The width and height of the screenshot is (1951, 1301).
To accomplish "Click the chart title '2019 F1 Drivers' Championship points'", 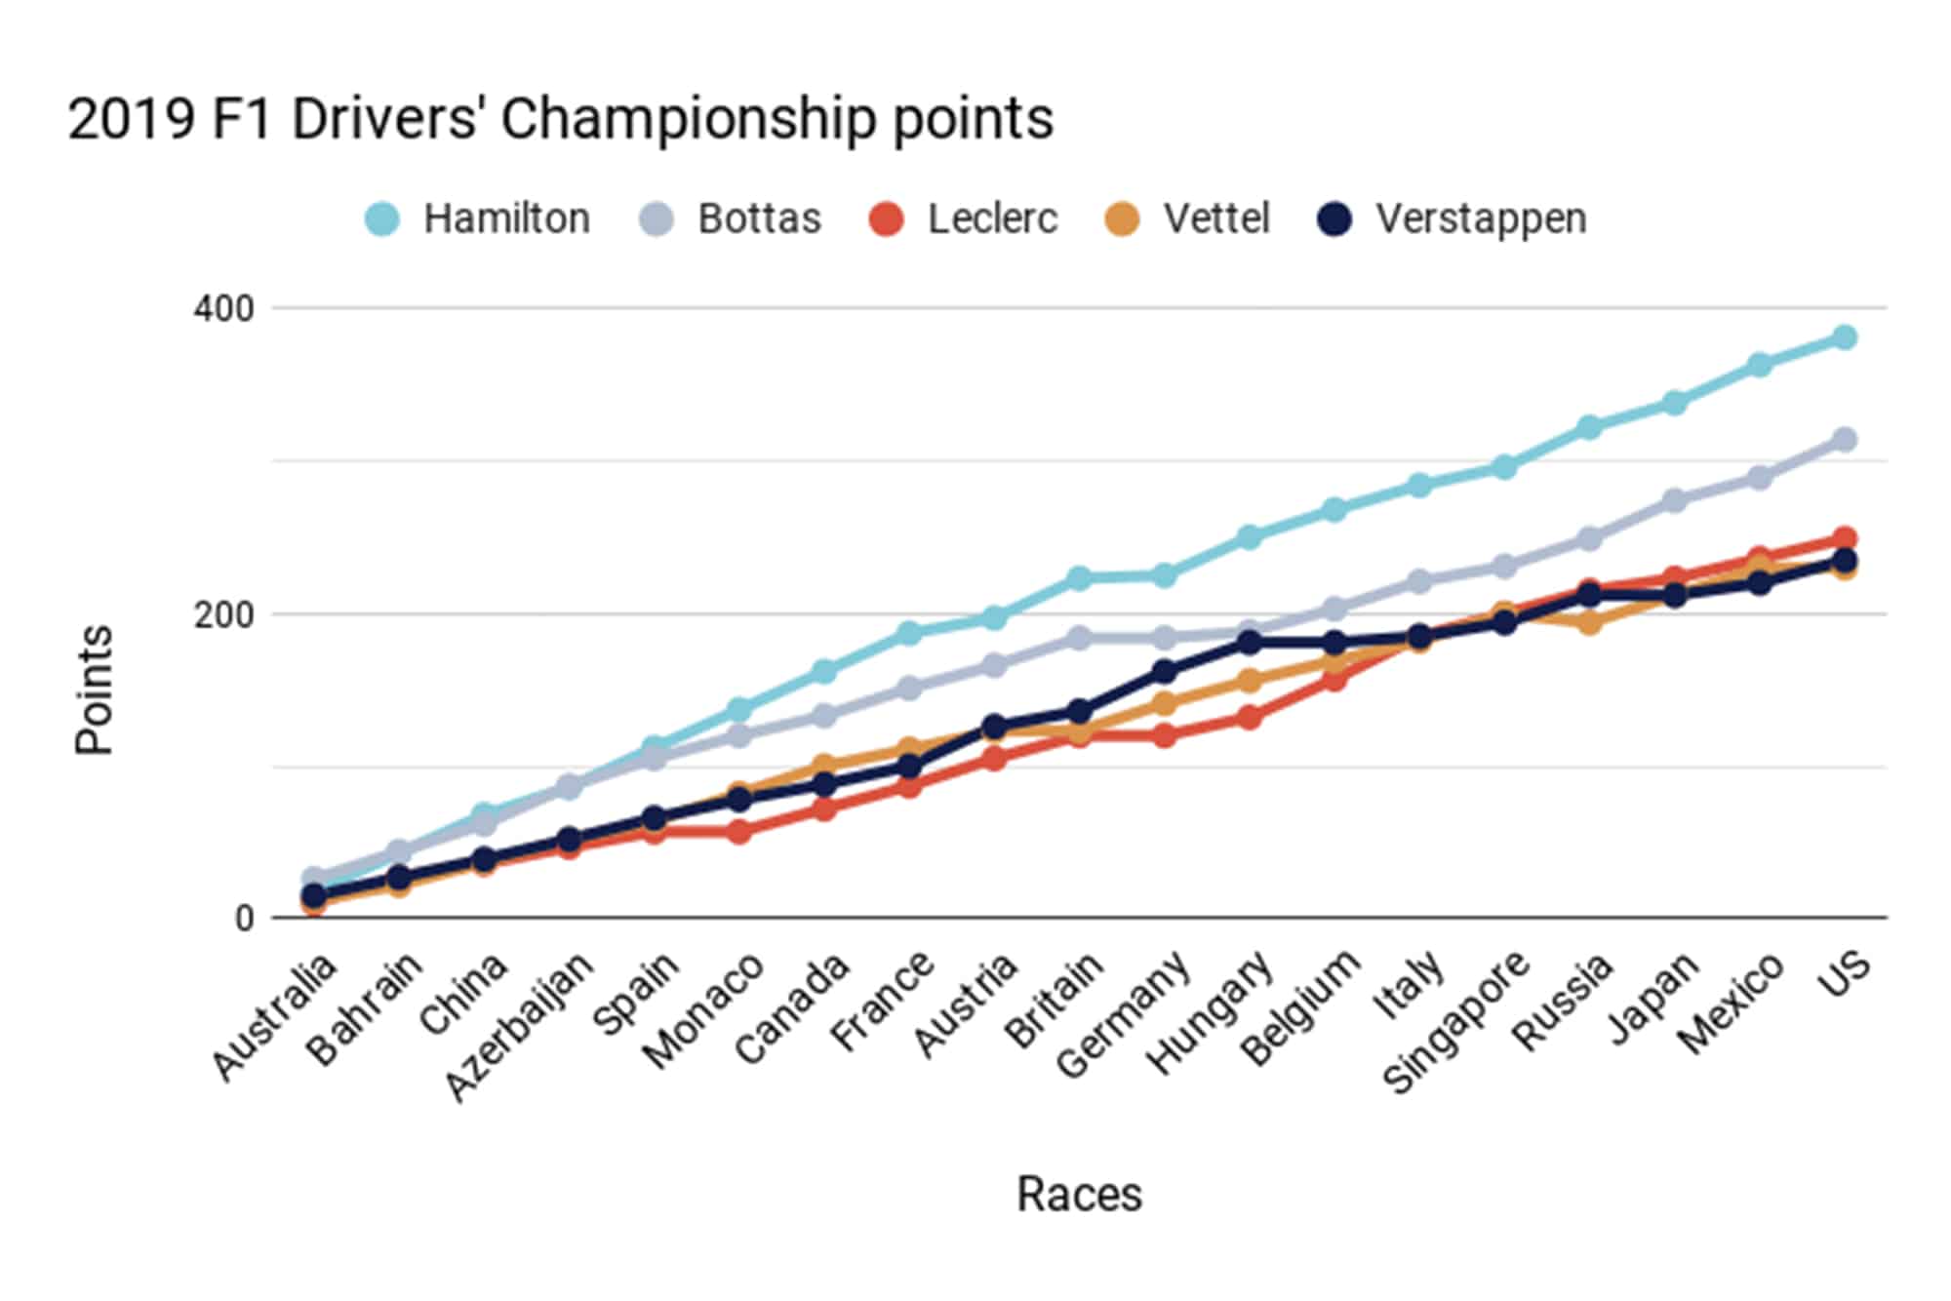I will pos(560,120).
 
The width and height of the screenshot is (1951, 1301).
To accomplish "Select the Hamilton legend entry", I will pos(478,218).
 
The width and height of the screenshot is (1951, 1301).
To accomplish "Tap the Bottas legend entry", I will pos(732,218).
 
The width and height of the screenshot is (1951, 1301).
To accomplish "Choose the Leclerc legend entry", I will pos(964,218).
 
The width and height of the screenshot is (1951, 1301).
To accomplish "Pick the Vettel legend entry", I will pos(1188,218).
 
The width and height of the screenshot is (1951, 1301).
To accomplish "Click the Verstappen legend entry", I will pos(1453,218).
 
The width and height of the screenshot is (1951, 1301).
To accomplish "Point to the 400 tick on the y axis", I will pos(223,309).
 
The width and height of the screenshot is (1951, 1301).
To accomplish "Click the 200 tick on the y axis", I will pos(223,615).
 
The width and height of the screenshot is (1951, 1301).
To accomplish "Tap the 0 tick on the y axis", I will pos(244,919).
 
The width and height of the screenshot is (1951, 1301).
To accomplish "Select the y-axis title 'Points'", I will pos(95,690).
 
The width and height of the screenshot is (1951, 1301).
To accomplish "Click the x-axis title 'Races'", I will pos(1079,1195).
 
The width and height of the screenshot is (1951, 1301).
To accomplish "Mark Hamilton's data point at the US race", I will pos(1844,337).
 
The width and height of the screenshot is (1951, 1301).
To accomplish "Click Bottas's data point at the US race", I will pos(1844,440).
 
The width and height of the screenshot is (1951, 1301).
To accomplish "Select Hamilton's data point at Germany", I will pos(1164,575).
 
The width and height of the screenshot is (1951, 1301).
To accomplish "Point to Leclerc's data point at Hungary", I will pos(1249,718).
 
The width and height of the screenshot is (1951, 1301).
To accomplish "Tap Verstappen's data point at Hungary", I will pos(1249,642).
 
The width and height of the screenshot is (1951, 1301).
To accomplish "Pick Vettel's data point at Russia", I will pos(1589,622).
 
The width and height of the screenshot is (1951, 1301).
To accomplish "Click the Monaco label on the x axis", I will pos(704,1010).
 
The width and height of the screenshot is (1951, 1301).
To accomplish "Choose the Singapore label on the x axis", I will pos(1456,1022).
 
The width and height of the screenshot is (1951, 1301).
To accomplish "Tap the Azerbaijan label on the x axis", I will pos(520,1026).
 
